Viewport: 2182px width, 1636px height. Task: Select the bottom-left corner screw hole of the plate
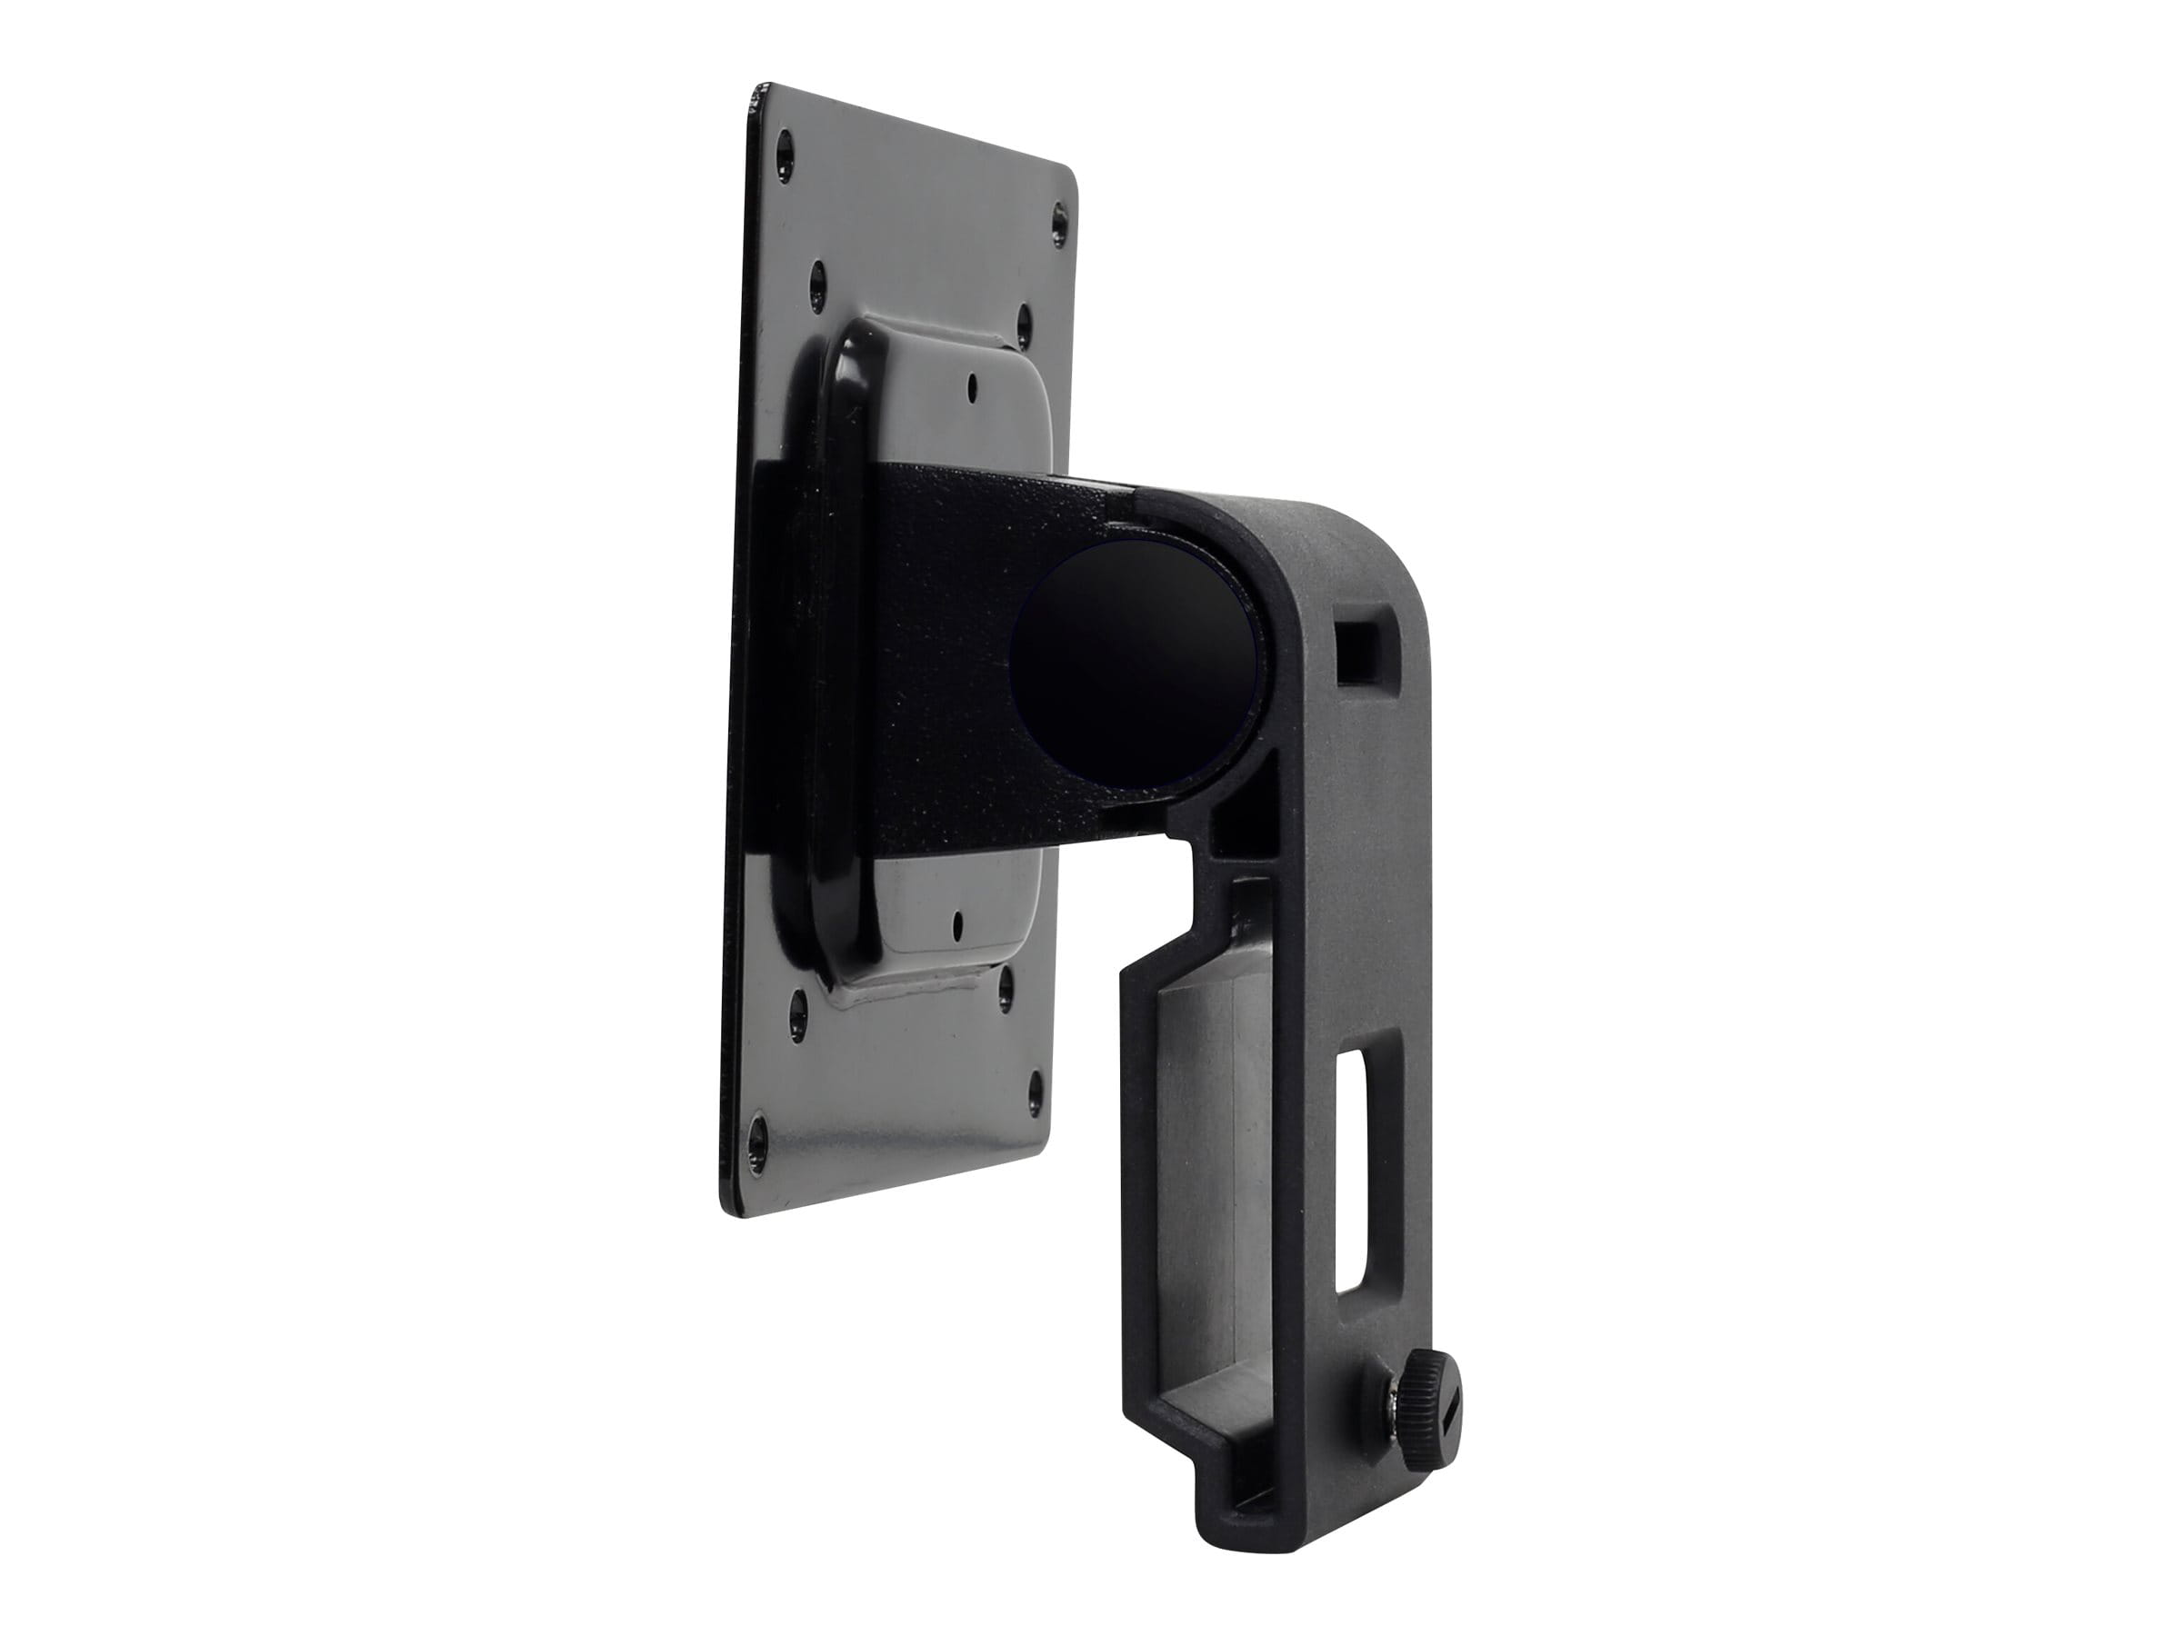[x=756, y=1123]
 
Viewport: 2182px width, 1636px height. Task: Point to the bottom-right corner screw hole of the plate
[x=1034, y=1084]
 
